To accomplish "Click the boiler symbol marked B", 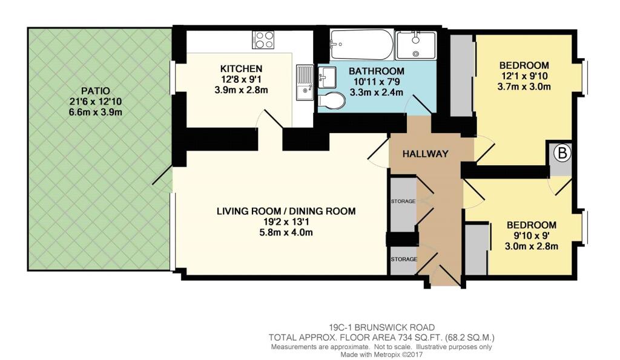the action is click(562, 153).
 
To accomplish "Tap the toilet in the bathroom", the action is click(331, 100).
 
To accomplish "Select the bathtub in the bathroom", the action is click(361, 44).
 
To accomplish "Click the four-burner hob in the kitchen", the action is click(263, 39).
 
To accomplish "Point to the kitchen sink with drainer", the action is click(305, 82).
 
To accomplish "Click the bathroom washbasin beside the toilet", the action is click(326, 77).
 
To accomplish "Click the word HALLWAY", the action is click(426, 154).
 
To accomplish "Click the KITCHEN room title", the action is click(241, 69).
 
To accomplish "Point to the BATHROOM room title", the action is click(377, 71).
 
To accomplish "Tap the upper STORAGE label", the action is click(403, 201).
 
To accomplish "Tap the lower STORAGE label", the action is click(404, 259).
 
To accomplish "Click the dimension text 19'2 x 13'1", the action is click(286, 221).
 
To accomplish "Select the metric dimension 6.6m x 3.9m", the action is click(95, 112).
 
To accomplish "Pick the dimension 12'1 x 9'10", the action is click(524, 76).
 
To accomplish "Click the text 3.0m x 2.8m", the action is click(532, 247).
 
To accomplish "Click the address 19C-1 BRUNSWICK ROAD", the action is click(382, 327).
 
